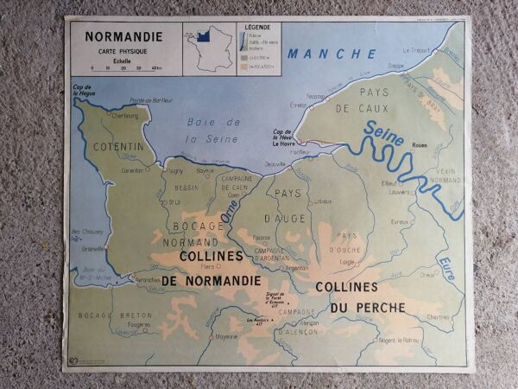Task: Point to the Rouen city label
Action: (420, 145)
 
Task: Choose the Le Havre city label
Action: (287, 143)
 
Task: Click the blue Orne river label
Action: (231, 212)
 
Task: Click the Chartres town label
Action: (438, 316)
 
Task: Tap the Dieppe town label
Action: (396, 66)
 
